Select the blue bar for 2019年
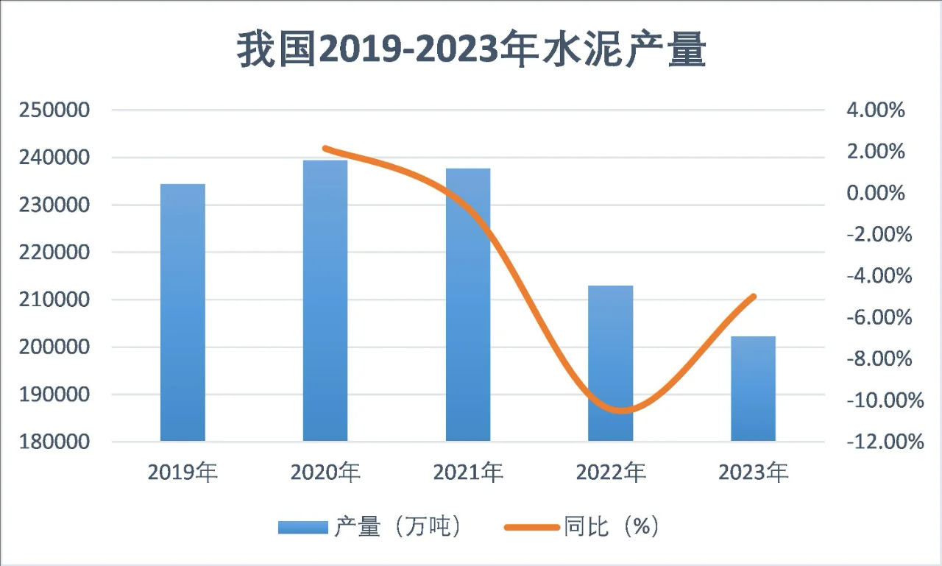tap(183, 312)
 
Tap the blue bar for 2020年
tap(325, 300)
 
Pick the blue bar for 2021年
tap(468, 305)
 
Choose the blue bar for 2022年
tap(611, 363)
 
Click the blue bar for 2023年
tap(753, 389)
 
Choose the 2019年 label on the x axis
tap(183, 473)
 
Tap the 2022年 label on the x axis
tap(611, 473)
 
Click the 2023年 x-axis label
tap(753, 473)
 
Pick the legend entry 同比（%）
tap(581, 527)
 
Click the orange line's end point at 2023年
tap(753, 297)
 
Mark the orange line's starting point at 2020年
tap(325, 149)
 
